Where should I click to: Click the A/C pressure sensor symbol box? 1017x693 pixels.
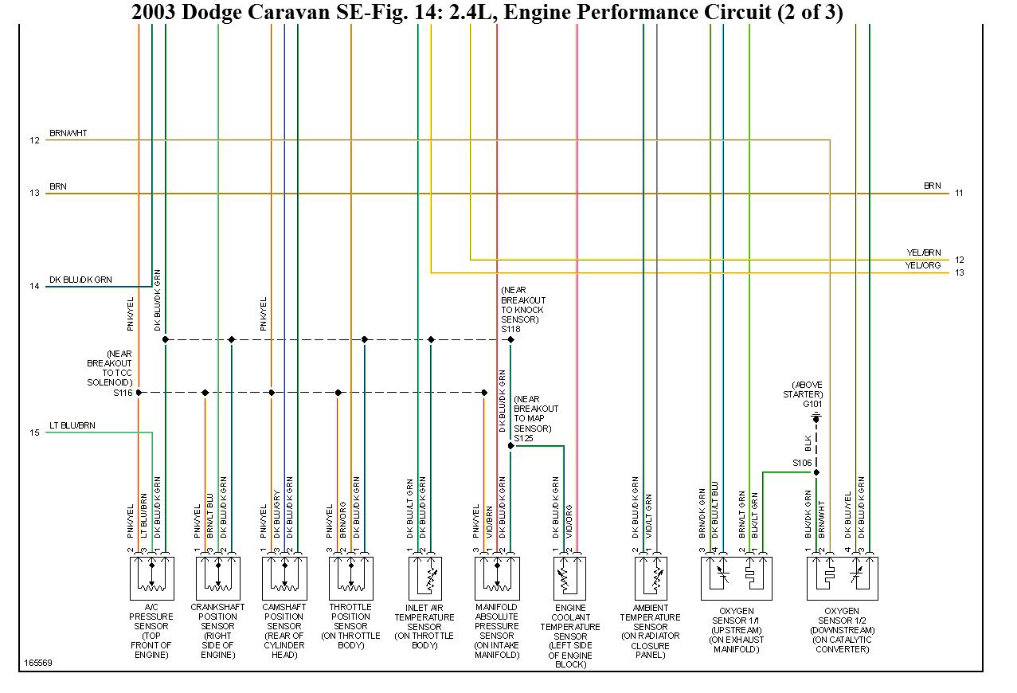(151, 577)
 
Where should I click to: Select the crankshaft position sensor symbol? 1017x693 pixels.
(218, 577)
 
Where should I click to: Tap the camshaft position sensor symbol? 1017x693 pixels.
(284, 577)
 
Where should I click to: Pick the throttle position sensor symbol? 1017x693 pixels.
(351, 577)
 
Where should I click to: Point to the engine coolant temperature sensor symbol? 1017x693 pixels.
(569, 577)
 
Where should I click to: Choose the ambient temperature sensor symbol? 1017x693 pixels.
(651, 577)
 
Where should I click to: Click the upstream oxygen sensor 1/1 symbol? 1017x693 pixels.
(736, 577)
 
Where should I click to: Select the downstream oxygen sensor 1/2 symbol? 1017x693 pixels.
(842, 577)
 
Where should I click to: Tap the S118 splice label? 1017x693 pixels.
(510, 329)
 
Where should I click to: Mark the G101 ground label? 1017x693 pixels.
(812, 404)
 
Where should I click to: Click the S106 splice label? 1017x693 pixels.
(801, 463)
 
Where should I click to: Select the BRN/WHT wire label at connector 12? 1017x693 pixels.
(68, 133)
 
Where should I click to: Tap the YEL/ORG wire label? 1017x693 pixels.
(923, 265)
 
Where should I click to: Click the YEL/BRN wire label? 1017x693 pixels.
(923, 253)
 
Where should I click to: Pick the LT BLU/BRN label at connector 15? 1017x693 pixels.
(72, 425)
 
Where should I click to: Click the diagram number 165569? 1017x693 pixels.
(37, 662)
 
